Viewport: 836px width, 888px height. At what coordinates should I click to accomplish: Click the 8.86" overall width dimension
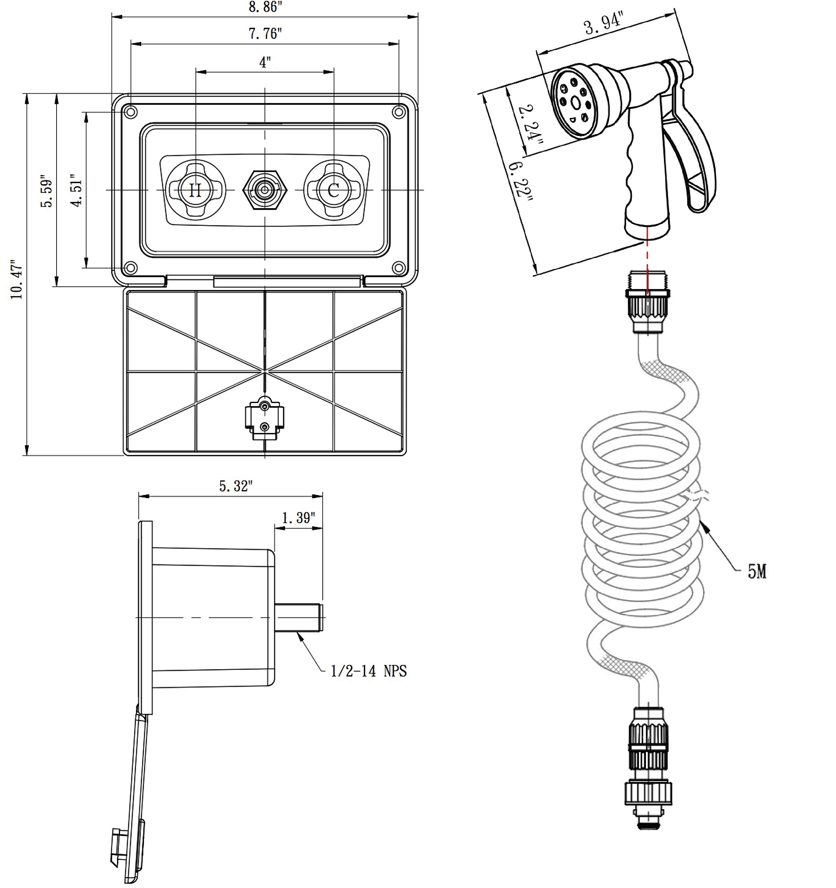click(265, 7)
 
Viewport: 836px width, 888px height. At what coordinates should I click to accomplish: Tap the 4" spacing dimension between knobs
click(265, 62)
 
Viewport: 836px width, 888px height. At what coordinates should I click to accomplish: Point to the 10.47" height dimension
click(17, 280)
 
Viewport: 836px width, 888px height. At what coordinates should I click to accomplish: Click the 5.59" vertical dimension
click(46, 193)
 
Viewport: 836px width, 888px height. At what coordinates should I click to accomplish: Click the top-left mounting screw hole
click(130, 112)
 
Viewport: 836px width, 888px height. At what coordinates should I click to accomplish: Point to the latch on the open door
click(264, 418)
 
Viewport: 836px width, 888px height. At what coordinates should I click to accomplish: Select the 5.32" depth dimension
click(236, 486)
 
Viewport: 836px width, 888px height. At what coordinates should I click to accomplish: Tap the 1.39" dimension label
click(298, 518)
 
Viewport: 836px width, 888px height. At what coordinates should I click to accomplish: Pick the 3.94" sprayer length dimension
click(604, 25)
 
